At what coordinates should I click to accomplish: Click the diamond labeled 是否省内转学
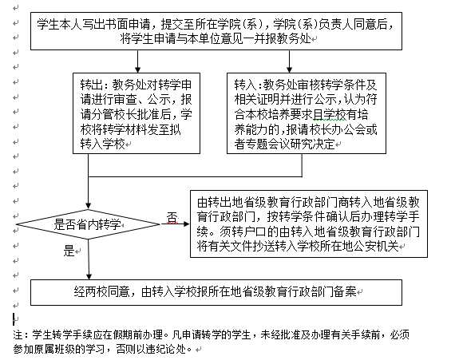tap(89, 224)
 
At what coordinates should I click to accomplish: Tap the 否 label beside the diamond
tap(172, 217)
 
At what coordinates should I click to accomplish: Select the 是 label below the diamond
tap(69, 251)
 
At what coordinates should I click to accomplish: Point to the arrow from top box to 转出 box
tap(137, 61)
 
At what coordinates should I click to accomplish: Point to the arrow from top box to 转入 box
tap(289, 61)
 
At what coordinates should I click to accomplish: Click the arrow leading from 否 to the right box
tap(175, 224)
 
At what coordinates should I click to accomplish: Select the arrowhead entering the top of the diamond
tap(89, 206)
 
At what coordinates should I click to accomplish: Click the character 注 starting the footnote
tap(18, 335)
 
